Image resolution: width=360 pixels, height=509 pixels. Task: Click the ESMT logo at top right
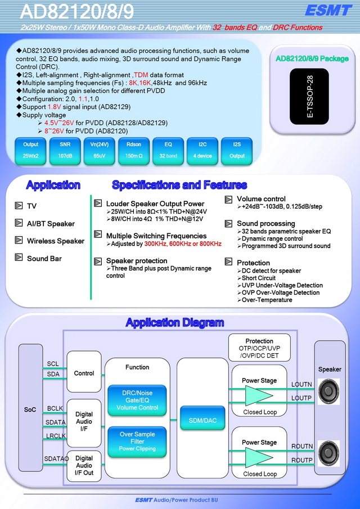(328, 10)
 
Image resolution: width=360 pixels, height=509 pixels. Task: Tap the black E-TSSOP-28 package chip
(309, 96)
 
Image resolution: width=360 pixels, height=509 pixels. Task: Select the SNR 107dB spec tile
(65, 151)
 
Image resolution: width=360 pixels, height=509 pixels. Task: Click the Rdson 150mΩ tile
(134, 151)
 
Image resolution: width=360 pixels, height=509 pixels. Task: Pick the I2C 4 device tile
(202, 151)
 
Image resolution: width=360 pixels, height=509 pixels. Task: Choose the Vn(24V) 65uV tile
(100, 151)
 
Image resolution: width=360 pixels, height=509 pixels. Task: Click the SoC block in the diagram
(30, 408)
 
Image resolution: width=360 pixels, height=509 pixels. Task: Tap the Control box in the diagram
(84, 372)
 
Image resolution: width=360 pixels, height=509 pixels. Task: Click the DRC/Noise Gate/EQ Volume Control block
(137, 400)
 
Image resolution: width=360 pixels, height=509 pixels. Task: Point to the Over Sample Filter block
(137, 442)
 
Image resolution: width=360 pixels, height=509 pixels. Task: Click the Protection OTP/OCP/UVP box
(259, 348)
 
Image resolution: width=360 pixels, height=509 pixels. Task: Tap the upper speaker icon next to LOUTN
(328, 391)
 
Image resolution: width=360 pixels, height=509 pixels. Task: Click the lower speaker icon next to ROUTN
(328, 453)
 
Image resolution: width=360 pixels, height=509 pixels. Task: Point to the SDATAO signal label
(56, 458)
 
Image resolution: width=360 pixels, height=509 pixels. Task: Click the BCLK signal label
(55, 408)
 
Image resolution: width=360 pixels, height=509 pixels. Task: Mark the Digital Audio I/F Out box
(84, 466)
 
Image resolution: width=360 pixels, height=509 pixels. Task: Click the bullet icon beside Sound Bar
(19, 258)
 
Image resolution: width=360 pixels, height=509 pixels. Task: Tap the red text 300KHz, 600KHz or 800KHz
(183, 244)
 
